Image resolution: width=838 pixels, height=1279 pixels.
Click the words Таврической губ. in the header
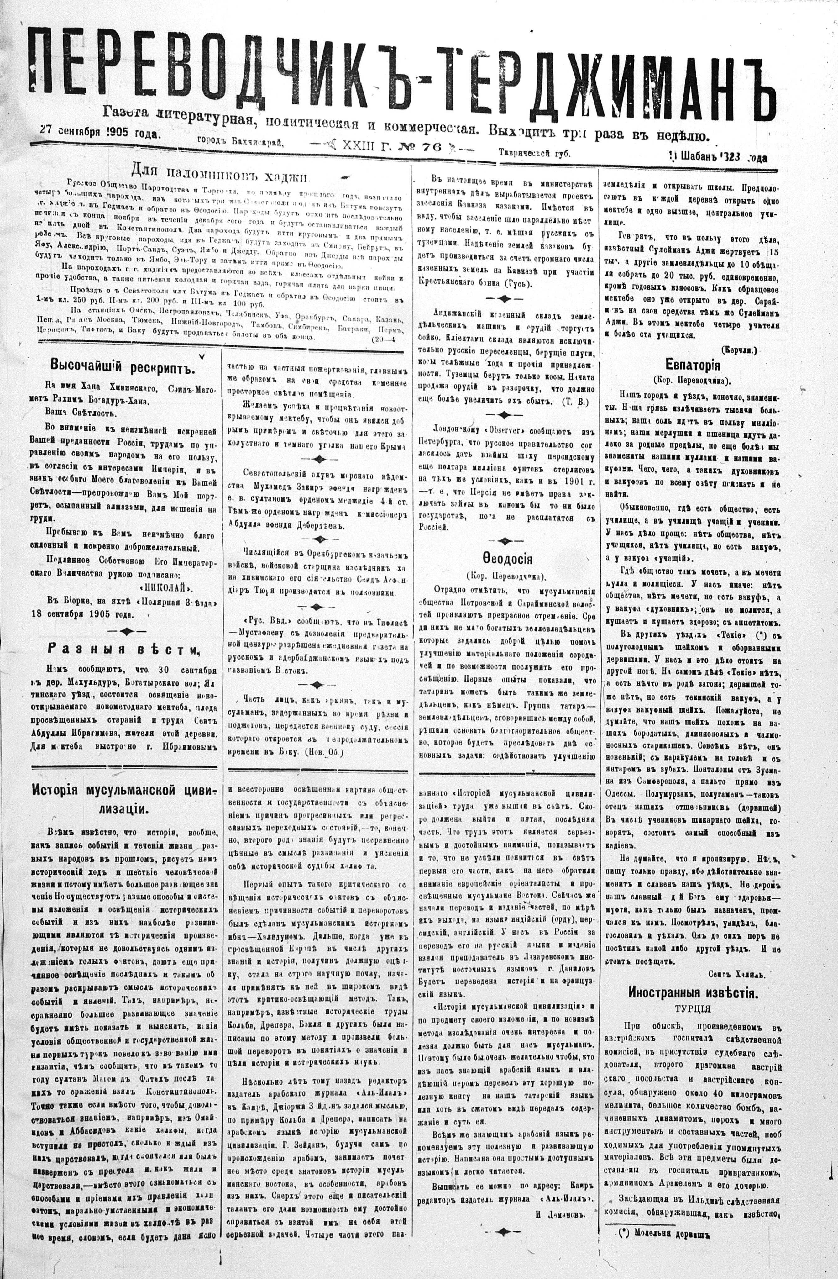click(535, 153)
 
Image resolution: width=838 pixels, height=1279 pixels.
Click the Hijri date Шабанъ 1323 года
click(720, 157)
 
